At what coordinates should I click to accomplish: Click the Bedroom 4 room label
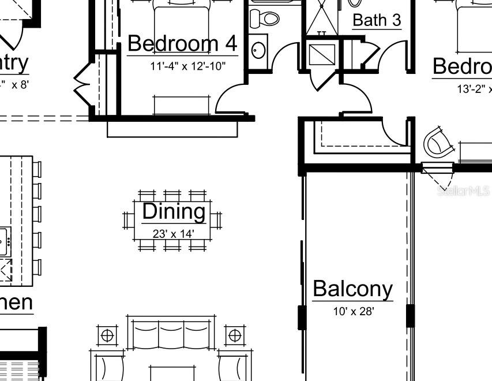coord(182,43)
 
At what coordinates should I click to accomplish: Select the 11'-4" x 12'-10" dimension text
coord(187,66)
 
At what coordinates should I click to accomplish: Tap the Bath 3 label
coord(376,20)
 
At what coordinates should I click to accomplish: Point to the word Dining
coord(174,211)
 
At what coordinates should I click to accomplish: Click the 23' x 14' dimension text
coord(173,234)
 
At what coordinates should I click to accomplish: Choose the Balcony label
coord(352,288)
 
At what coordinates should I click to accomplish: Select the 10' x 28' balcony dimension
coord(354,311)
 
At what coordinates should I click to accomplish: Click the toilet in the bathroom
coord(267,17)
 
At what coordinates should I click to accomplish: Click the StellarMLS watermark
coord(463,190)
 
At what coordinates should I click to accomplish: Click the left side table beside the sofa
coord(106,334)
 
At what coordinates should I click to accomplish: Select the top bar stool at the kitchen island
coord(36,169)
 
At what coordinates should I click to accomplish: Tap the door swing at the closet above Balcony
coord(397,132)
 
